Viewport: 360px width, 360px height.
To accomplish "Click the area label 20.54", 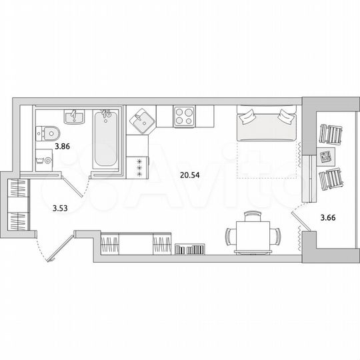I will [x=190, y=175].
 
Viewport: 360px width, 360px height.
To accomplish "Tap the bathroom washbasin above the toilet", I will [x=75, y=118].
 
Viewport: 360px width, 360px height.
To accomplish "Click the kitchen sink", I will [x=142, y=121].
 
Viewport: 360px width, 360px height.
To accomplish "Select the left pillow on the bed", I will [x=247, y=117].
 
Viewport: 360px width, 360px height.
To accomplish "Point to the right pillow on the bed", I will [x=285, y=117].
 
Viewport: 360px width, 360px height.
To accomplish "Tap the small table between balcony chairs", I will [x=327, y=159].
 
